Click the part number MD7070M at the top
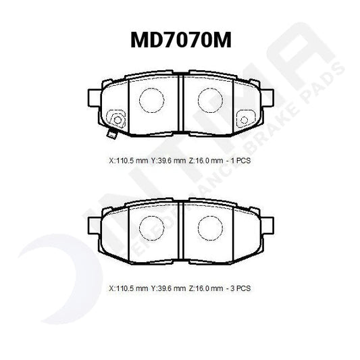(180, 41)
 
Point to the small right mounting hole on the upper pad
(243, 121)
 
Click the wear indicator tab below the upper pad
(113, 134)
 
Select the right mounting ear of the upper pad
(267, 95)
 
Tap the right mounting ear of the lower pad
(267, 223)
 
